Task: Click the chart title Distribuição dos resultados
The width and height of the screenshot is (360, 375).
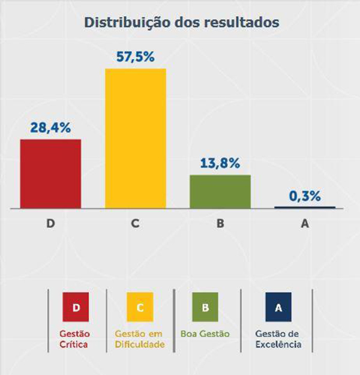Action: pyautogui.click(x=181, y=23)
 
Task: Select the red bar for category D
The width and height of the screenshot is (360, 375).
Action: pyautogui.click(x=50, y=173)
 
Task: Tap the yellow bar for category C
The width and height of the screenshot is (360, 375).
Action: pyautogui.click(x=136, y=138)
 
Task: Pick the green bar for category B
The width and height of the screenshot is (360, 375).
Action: pyautogui.click(x=220, y=191)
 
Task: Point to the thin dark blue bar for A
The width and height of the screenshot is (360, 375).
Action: pyautogui.click(x=305, y=207)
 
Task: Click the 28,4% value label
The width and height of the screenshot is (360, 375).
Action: pyautogui.click(x=50, y=127)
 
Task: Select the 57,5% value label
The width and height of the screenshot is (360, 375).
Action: pyautogui.click(x=136, y=57)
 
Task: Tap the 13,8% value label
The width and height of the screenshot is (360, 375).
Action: pyautogui.click(x=220, y=163)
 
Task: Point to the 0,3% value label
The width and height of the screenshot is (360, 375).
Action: pyautogui.click(x=305, y=196)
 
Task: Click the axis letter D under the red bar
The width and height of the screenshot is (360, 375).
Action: pyautogui.click(x=50, y=224)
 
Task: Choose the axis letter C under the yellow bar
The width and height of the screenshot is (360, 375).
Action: pyautogui.click(x=136, y=224)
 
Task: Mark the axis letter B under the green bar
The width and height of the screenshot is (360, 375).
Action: pyautogui.click(x=220, y=224)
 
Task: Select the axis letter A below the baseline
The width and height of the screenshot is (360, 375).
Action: pyautogui.click(x=305, y=224)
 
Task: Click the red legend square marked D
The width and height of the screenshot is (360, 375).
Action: pyautogui.click(x=76, y=307)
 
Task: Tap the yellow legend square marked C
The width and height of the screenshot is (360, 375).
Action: pyautogui.click(x=140, y=307)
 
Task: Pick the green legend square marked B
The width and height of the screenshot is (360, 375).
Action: pyautogui.click(x=206, y=307)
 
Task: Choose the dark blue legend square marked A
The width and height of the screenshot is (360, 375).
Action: pyautogui.click(x=277, y=307)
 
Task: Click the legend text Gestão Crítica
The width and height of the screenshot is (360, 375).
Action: pyautogui.click(x=74, y=339)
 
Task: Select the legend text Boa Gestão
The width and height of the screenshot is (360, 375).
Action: pyautogui.click(x=205, y=334)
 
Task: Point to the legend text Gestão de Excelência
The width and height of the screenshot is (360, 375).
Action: pyautogui.click(x=277, y=339)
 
